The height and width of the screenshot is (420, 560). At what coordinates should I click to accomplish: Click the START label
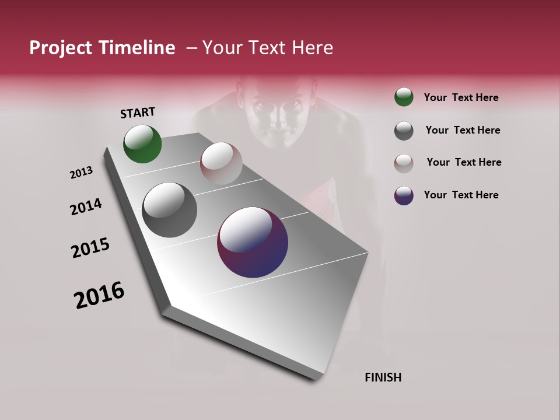point(138,113)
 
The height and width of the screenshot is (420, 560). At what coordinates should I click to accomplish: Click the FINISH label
point(383,377)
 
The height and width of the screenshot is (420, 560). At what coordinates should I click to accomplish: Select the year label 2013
point(81,173)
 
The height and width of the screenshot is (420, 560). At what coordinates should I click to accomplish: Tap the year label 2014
point(86,207)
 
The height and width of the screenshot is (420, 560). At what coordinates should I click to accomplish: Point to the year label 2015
point(90,248)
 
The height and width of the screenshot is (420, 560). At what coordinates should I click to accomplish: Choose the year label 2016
point(99,295)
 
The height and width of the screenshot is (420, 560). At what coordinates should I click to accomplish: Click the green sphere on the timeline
point(142,144)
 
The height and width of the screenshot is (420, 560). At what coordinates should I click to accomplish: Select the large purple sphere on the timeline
point(253,242)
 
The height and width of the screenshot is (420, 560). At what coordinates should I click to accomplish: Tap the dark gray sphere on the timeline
point(169,210)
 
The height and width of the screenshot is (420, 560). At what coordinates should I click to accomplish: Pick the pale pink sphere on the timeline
point(221,163)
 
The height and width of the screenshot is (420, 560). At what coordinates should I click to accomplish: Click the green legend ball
point(404,97)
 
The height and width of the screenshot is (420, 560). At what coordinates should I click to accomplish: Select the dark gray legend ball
point(404,131)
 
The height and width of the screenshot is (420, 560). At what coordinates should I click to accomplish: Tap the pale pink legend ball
point(404,163)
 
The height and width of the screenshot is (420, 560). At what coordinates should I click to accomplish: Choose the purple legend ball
point(404,195)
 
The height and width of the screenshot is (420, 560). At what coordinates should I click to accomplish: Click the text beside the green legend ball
point(461,97)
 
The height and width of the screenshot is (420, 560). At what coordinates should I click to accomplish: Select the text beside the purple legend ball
point(461,195)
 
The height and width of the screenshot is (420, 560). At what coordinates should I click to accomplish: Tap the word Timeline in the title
point(138,48)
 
